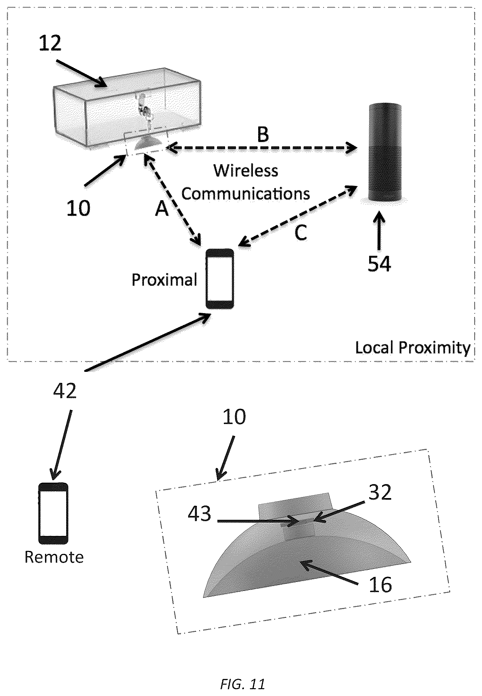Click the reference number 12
tap(50, 43)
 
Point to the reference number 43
tap(199, 514)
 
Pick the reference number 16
tap(380, 584)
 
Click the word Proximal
tap(164, 279)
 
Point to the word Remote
tap(54, 557)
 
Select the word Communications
tap(246, 194)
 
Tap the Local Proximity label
tap(413, 348)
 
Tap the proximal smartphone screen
tap(220, 278)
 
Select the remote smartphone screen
tap(53, 514)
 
